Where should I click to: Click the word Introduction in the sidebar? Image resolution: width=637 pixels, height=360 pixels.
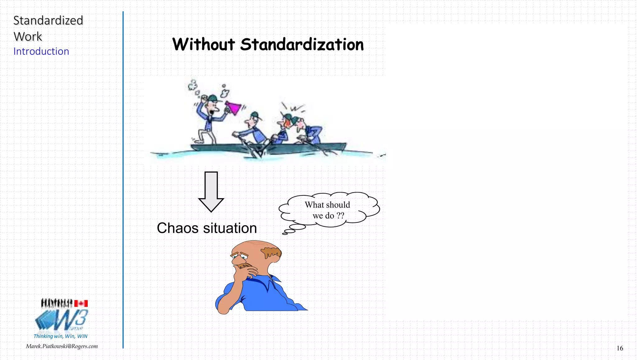click(x=41, y=51)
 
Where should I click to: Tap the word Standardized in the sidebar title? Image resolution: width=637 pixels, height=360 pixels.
click(x=48, y=21)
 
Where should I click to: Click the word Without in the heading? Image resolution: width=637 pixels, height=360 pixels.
click(x=203, y=44)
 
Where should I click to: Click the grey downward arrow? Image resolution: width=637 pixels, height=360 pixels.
click(x=211, y=191)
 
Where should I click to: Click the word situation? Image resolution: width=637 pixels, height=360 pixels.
click(x=230, y=228)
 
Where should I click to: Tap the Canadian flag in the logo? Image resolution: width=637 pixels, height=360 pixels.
click(x=81, y=303)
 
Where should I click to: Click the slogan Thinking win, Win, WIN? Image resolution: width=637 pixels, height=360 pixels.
click(x=60, y=336)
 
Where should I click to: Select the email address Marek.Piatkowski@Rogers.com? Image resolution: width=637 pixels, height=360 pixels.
click(x=62, y=346)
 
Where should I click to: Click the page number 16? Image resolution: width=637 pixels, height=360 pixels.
click(x=620, y=348)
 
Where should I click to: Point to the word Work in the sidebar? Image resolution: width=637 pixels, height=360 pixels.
click(x=28, y=37)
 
